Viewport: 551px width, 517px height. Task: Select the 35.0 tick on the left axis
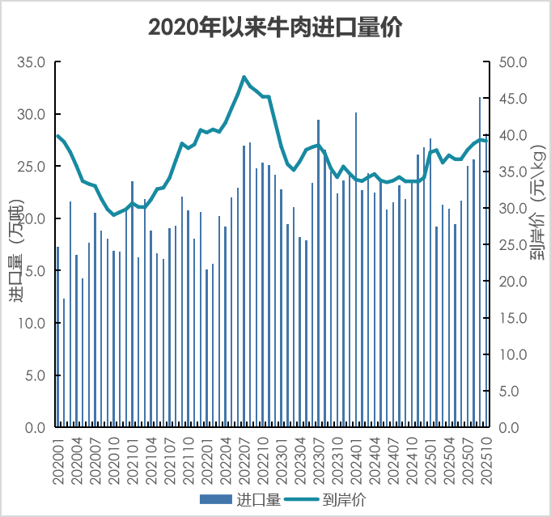(32, 62)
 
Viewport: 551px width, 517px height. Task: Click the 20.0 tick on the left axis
(32, 219)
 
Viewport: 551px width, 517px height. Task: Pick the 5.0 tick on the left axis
(35, 375)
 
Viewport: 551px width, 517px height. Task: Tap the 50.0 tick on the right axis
(513, 62)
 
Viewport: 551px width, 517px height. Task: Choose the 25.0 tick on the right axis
(513, 245)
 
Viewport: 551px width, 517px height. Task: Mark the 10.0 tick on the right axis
(513, 355)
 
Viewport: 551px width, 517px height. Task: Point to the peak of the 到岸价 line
(244, 77)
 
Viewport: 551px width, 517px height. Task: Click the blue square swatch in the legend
(216, 500)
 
